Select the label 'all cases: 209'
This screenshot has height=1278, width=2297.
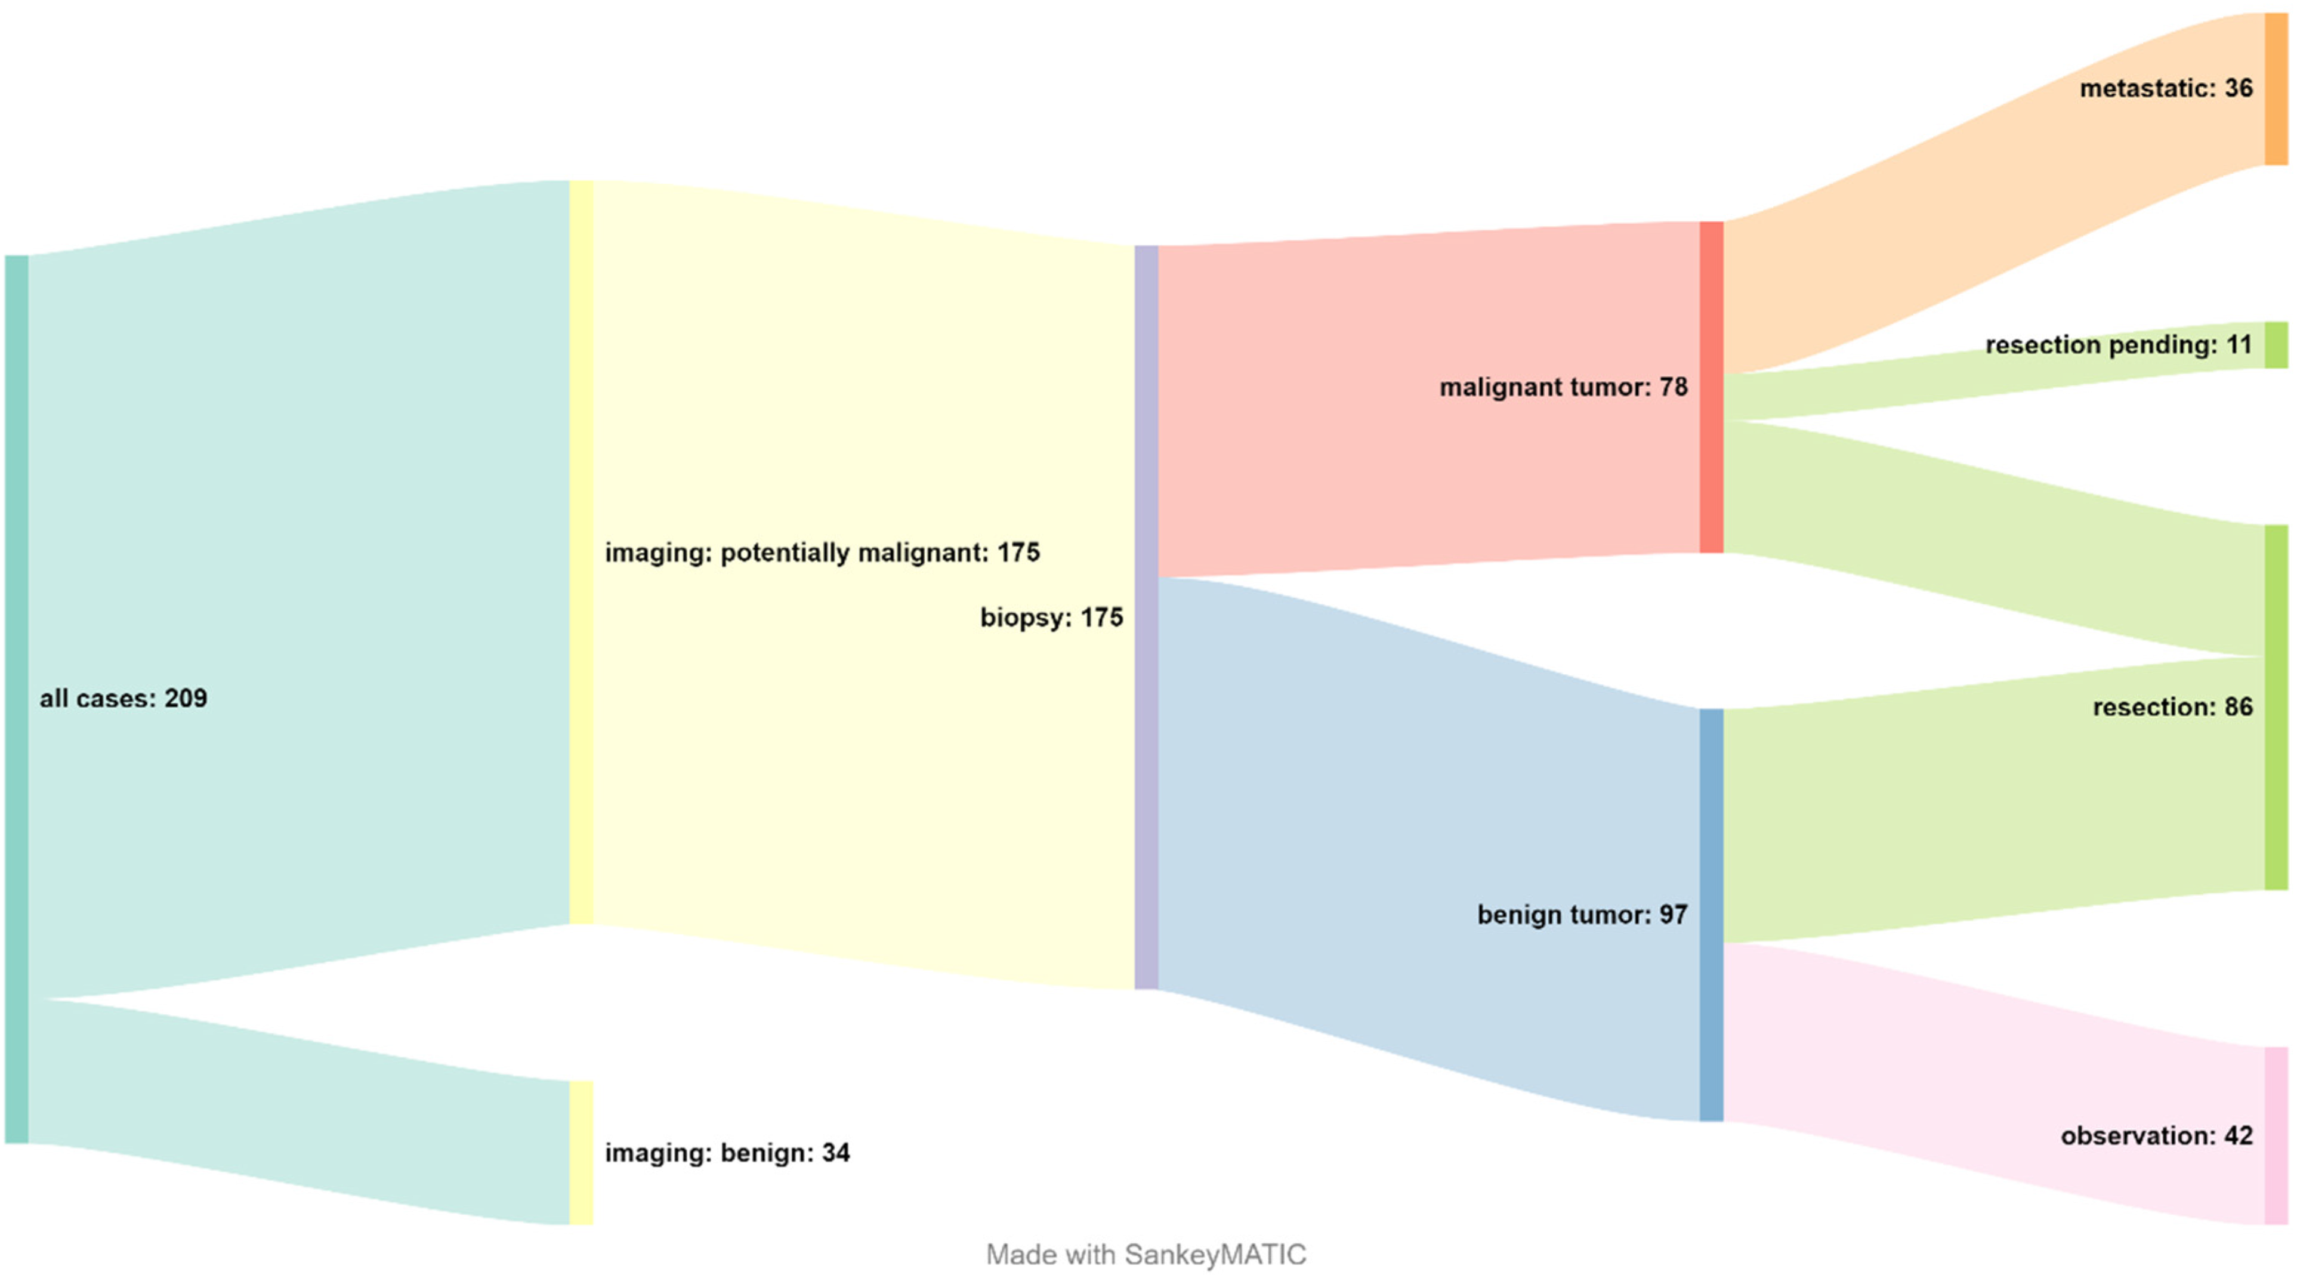click(123, 698)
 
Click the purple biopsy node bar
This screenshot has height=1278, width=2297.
click(1146, 617)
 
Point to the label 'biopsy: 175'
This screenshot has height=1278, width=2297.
click(1051, 617)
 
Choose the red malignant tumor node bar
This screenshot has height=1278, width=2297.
click(1711, 387)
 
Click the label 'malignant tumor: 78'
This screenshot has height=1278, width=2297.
click(1563, 387)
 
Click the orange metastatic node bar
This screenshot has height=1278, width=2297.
click(2276, 89)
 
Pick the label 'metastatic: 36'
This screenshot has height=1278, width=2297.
click(2166, 88)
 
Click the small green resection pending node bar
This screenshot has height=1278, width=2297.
click(2276, 345)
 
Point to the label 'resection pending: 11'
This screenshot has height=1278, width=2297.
click(2119, 345)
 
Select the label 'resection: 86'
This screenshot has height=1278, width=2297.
click(2172, 707)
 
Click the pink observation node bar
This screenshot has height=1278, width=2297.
click(2276, 1135)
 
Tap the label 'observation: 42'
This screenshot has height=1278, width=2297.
click(2156, 1135)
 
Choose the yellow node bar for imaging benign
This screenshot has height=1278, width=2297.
click(581, 1153)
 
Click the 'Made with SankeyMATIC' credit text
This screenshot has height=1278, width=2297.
click(1146, 1255)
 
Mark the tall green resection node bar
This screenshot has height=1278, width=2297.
click(2276, 707)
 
